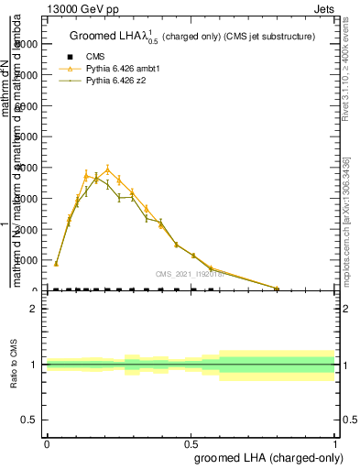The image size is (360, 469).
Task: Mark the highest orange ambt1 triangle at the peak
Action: [107, 169]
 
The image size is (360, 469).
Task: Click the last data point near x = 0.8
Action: [277, 289]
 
